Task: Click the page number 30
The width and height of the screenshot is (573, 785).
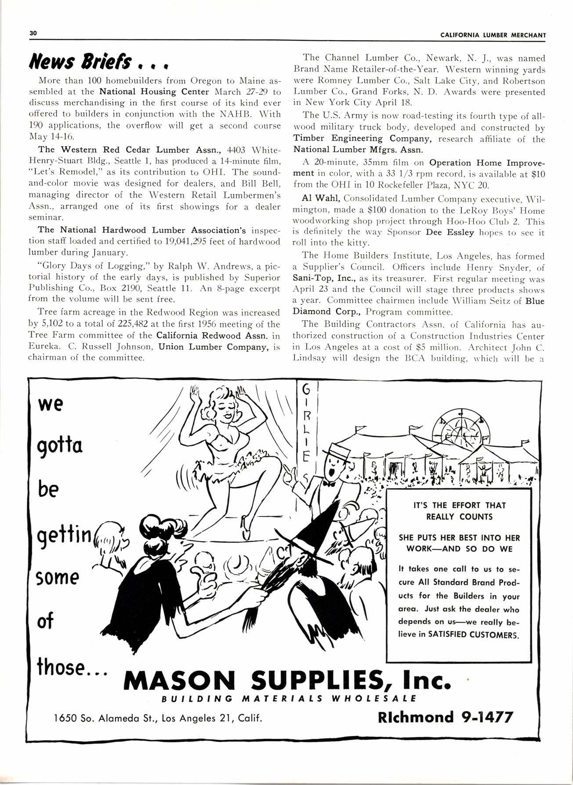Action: click(x=33, y=33)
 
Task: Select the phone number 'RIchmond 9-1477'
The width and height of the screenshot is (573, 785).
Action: click(x=445, y=717)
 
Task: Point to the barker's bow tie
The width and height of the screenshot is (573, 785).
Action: click(x=328, y=483)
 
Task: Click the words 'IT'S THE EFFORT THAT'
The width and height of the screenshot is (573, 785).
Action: click(x=459, y=505)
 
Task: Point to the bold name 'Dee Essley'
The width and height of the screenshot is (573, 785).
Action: click(x=450, y=232)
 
